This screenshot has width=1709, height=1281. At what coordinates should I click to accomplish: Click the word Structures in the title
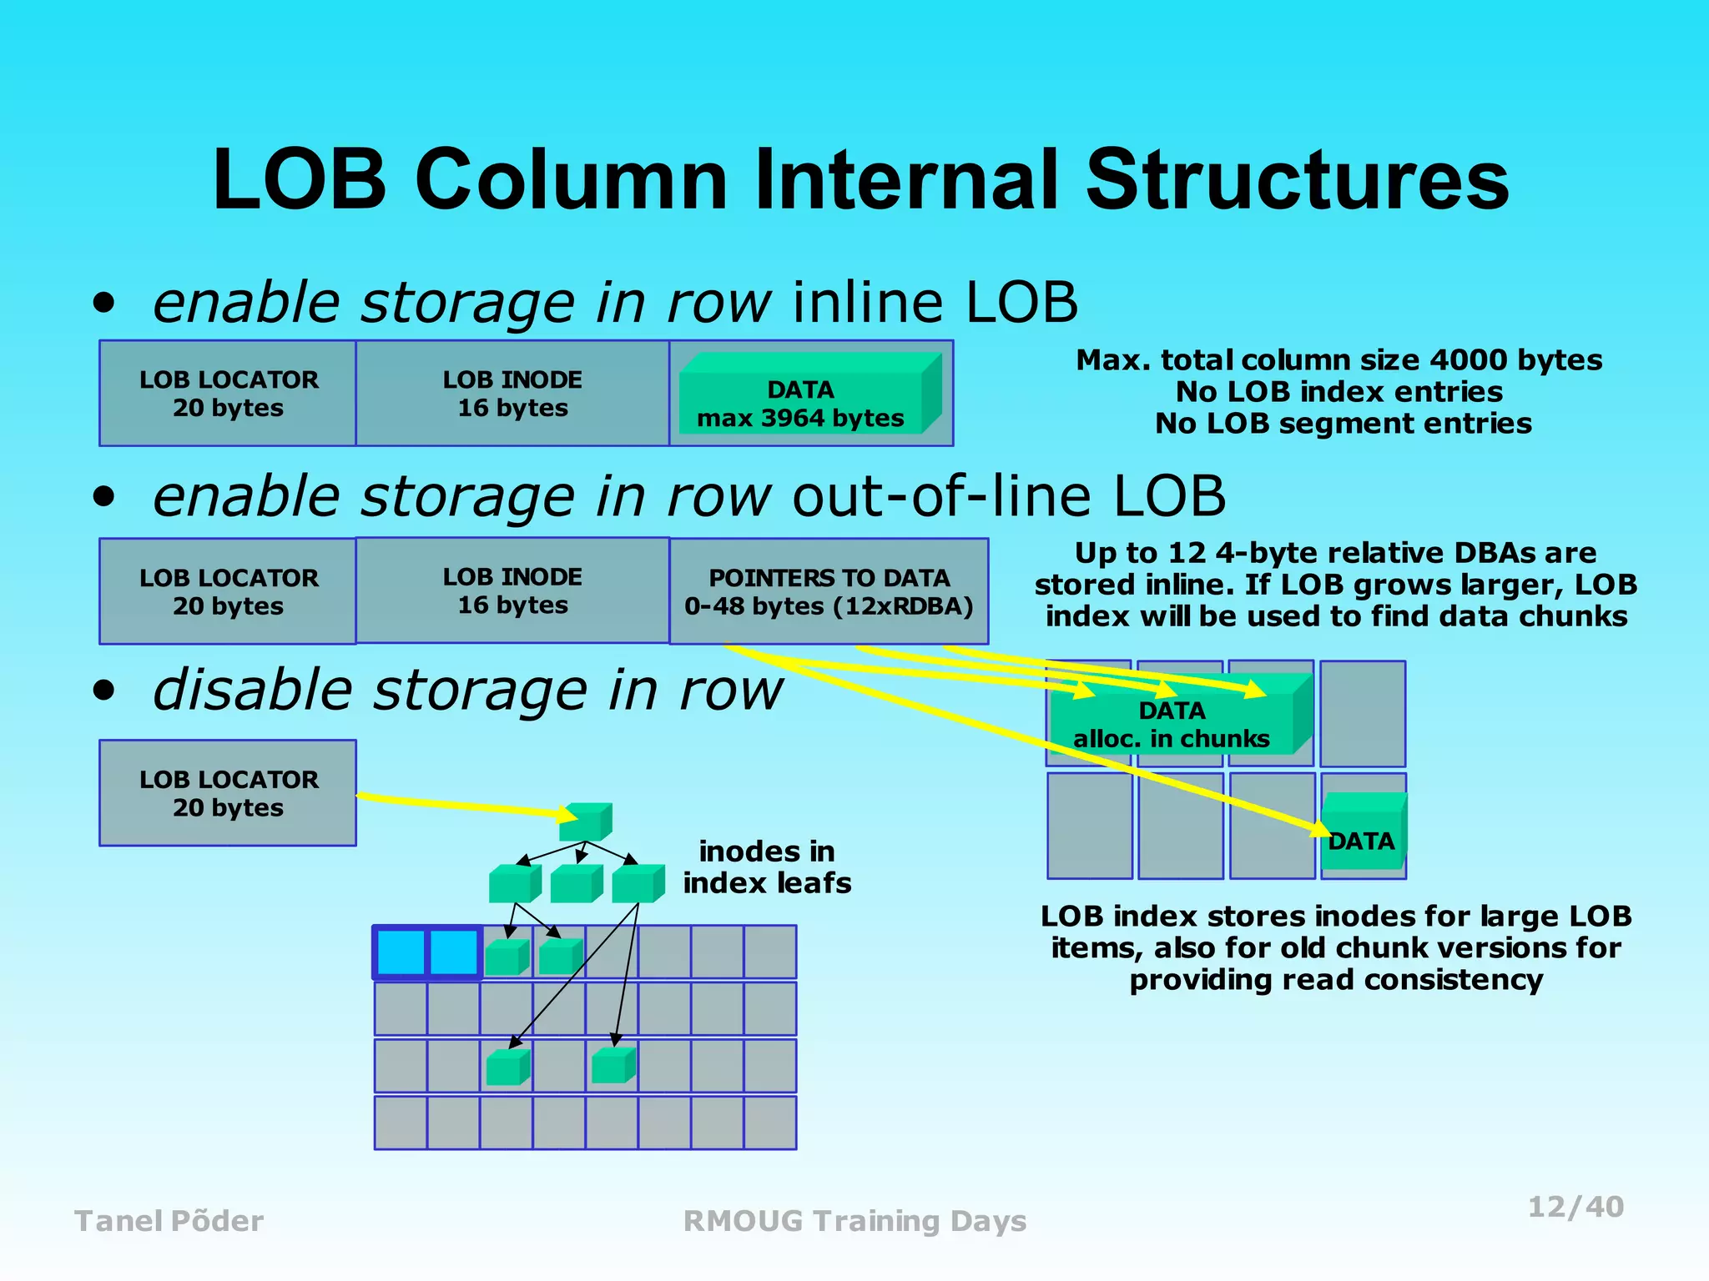pyautogui.click(x=1297, y=179)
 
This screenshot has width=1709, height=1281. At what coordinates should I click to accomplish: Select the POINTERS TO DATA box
pyautogui.click(x=829, y=591)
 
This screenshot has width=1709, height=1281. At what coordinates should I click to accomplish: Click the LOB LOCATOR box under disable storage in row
pyautogui.click(x=228, y=793)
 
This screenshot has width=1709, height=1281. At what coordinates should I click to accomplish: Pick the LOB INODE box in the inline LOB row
pyautogui.click(x=512, y=393)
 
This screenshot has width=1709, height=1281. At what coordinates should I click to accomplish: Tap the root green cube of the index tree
pyautogui.click(x=584, y=822)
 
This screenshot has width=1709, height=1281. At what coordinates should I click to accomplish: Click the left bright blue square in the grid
pyautogui.click(x=401, y=952)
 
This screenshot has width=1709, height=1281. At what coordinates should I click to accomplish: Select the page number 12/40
pyautogui.click(x=1575, y=1207)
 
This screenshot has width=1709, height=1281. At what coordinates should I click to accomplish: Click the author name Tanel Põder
pyautogui.click(x=169, y=1221)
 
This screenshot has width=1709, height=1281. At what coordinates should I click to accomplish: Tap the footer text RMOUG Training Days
pyautogui.click(x=854, y=1221)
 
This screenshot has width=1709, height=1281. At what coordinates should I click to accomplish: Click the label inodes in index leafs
pyautogui.click(x=767, y=867)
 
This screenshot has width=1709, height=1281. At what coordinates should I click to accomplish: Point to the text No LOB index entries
pyautogui.click(x=1338, y=392)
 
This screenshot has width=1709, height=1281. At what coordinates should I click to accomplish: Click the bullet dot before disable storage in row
pyautogui.click(x=103, y=691)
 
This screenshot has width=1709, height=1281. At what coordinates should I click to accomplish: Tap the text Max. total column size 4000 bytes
pyautogui.click(x=1338, y=360)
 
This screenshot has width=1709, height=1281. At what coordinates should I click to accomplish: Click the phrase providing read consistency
pyautogui.click(x=1335, y=980)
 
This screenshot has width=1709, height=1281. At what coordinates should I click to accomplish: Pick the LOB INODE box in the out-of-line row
pyautogui.click(x=512, y=590)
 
